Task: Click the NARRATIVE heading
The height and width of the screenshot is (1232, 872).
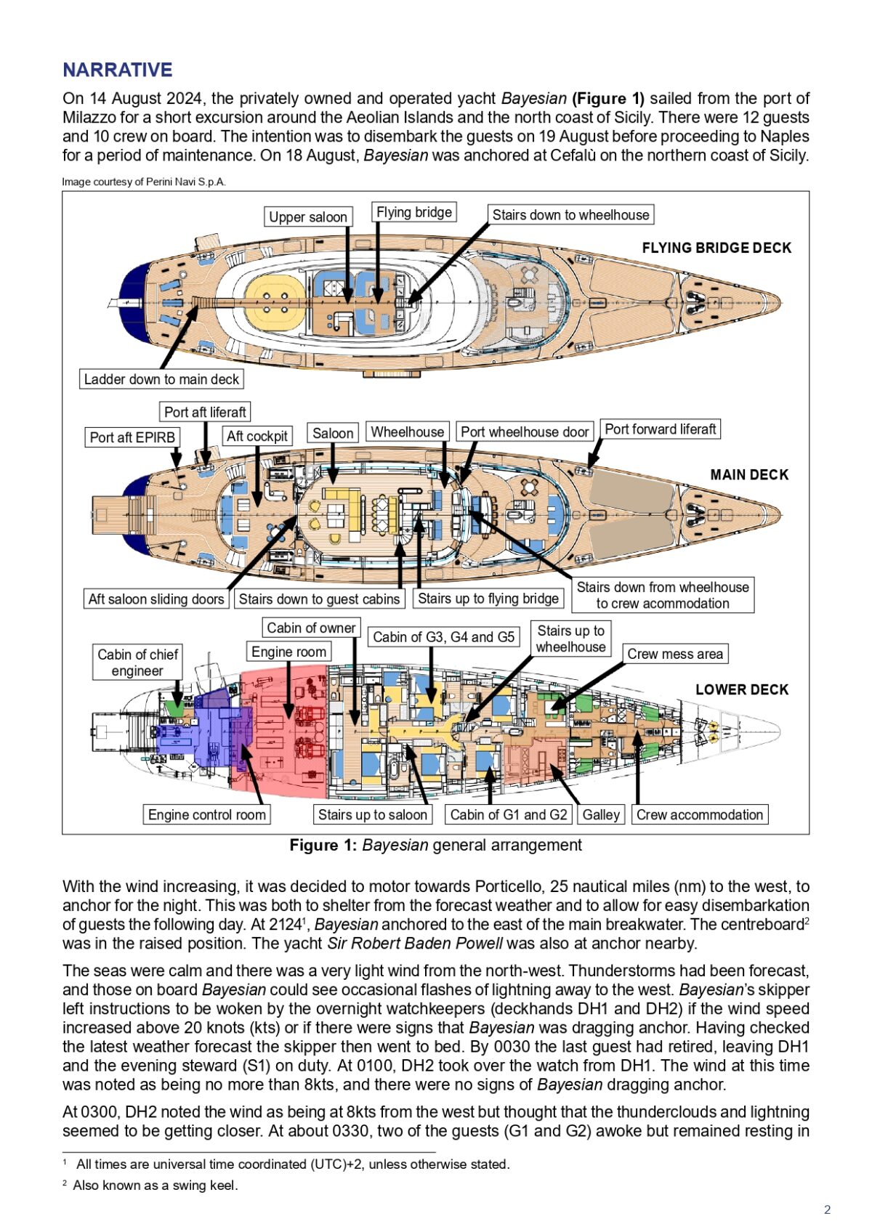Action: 117,70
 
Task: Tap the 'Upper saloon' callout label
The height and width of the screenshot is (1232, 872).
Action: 308,216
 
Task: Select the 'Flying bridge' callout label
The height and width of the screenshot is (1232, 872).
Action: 414,212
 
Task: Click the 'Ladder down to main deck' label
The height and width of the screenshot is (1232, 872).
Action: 161,379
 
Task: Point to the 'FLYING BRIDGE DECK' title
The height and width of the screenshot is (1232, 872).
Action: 716,248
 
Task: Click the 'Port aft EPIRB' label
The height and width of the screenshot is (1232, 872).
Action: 132,437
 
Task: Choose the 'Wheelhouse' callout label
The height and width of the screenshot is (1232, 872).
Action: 407,431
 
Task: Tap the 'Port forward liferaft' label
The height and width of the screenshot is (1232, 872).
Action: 661,429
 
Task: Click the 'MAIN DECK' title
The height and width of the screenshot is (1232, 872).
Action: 749,474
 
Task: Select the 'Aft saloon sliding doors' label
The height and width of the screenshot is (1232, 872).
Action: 156,599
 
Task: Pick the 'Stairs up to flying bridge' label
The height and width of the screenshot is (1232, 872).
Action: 488,599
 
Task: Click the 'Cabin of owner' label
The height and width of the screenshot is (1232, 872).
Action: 311,628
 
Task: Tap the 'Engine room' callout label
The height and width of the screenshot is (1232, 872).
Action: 288,652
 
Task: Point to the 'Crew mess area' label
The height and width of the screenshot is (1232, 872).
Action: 675,654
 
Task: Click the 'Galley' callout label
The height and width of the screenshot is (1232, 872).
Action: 601,814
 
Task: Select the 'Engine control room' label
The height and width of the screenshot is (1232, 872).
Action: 207,814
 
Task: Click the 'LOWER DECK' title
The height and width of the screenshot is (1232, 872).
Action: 742,689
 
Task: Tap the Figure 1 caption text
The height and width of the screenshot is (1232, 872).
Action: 435,846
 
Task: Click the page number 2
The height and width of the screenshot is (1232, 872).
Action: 827,1209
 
